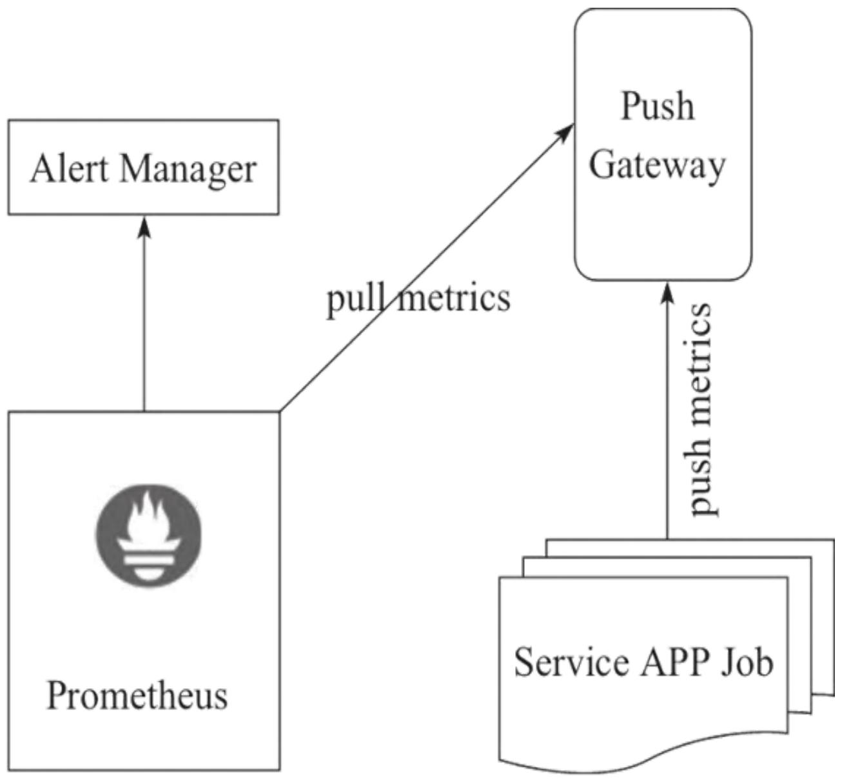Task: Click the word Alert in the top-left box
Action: point(68,169)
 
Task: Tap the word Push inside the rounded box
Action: point(658,106)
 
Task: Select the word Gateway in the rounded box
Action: point(657,166)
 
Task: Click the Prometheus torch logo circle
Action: point(149,537)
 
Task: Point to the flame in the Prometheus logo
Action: point(149,516)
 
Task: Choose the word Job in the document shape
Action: point(748,662)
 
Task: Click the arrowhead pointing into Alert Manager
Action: point(144,226)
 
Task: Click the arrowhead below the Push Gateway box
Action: point(667,291)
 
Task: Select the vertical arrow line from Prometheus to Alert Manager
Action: point(144,322)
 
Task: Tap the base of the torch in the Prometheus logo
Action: point(149,567)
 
